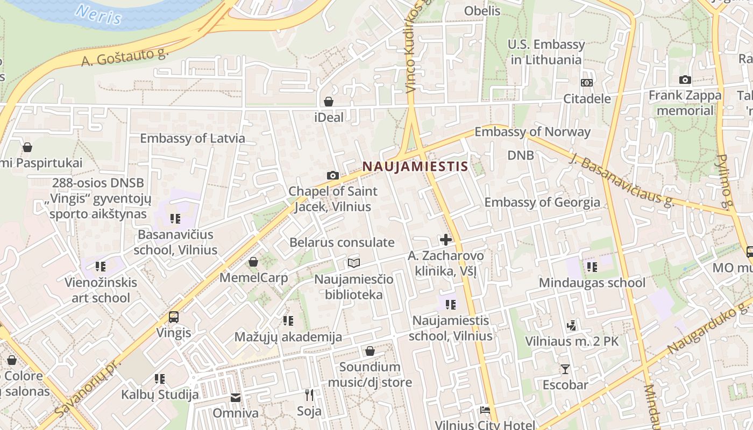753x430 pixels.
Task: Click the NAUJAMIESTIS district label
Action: point(415,166)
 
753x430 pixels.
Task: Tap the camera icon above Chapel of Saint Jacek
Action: point(333,175)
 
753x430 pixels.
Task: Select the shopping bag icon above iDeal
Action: point(329,102)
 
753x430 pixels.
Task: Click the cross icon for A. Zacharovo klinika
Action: point(445,240)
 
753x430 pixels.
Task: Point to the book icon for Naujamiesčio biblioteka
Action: point(353,263)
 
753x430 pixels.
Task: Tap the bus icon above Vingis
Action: point(174,317)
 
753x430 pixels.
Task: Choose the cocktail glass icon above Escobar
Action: point(565,369)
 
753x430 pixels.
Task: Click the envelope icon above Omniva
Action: point(236,398)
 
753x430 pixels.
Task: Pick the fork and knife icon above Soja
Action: point(309,395)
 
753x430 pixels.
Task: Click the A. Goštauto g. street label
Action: point(125,55)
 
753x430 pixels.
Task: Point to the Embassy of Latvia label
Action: point(193,138)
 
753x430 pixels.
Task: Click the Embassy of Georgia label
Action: point(542,202)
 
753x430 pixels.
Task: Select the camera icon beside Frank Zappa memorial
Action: point(685,80)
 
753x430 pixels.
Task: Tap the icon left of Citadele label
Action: point(586,83)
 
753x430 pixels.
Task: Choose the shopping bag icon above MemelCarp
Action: point(253,262)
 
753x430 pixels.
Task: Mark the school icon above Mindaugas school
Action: point(592,267)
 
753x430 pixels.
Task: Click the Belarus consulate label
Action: point(342,242)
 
